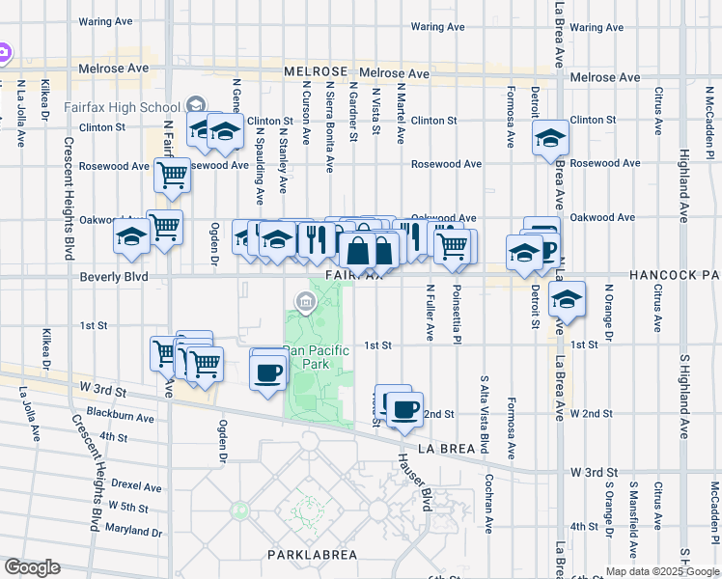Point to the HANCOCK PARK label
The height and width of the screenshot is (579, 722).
[x=676, y=275]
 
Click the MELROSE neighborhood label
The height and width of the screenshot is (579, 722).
[x=316, y=72]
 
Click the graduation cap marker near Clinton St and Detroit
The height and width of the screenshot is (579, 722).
[x=550, y=139]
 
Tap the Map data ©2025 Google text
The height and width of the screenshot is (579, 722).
[x=663, y=571]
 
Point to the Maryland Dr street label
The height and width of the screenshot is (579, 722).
[x=135, y=531]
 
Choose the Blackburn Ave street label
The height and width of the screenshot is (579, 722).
[x=121, y=418]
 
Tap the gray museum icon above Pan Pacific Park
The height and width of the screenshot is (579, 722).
[x=305, y=305]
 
